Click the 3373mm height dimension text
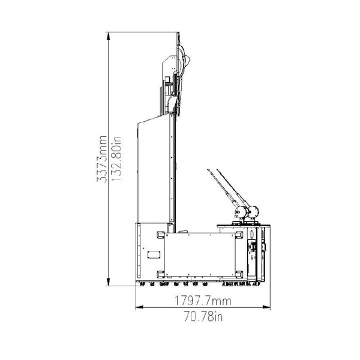[x=102, y=159]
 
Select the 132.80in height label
[x=116, y=159]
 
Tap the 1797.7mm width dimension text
[x=203, y=301]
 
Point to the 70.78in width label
[x=203, y=317]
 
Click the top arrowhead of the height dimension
[x=109, y=36]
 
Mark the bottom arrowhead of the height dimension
[x=109, y=282]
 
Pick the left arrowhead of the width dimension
[x=140, y=307]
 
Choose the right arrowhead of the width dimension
[x=266, y=307]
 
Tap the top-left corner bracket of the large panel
[x=160, y=235]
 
